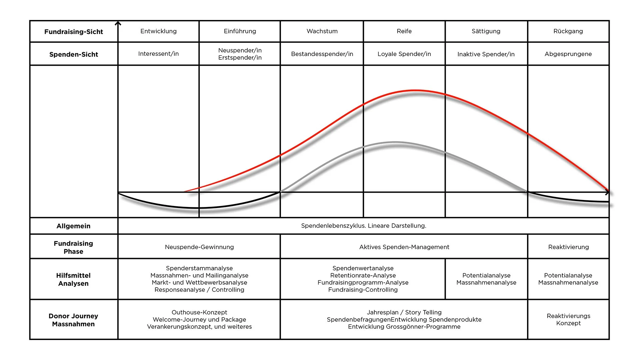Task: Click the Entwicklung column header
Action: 158,31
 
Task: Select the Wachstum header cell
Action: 322,31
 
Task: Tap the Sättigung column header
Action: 486,31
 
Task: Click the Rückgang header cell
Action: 568,31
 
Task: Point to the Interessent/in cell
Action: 158,54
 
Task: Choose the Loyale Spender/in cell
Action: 404,54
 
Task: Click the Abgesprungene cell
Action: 568,54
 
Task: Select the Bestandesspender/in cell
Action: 322,54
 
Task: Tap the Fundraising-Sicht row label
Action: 74,32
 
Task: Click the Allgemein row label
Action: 73,226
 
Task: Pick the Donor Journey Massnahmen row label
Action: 73,320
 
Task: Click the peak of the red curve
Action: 415,90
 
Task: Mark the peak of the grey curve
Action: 395,142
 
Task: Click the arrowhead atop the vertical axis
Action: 118,23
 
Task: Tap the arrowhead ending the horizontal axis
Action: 607,192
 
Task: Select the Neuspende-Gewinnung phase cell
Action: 199,247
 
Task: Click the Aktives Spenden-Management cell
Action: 404,247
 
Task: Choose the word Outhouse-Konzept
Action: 199,312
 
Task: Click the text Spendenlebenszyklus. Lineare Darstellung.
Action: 363,226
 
